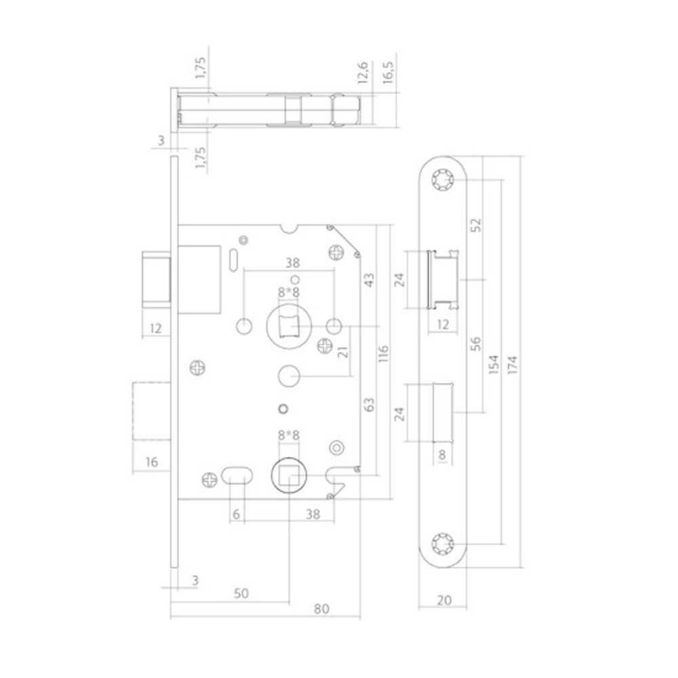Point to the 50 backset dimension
[239, 593]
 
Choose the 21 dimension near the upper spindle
[343, 352]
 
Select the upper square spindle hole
[290, 327]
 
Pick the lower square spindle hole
[289, 477]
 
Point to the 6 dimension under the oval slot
[235, 514]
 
